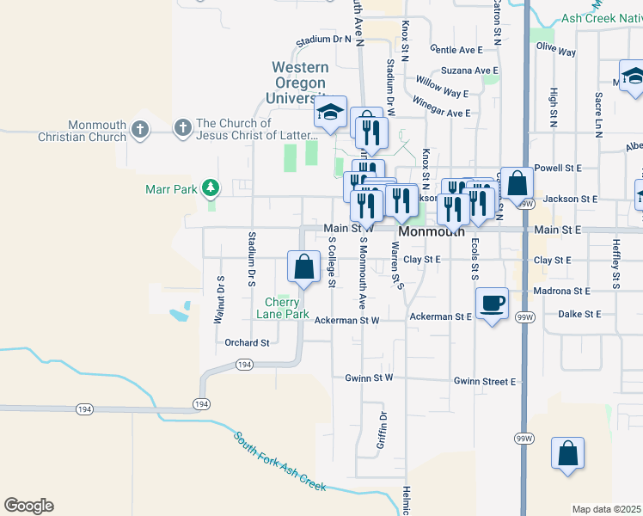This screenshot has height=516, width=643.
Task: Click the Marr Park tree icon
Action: (x=209, y=187)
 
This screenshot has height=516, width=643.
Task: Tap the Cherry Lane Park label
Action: (x=287, y=308)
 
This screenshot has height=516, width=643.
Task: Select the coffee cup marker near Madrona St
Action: (x=492, y=303)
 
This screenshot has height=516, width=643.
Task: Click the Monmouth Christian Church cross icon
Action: (x=141, y=130)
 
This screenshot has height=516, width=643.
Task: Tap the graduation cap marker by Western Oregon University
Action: (x=330, y=113)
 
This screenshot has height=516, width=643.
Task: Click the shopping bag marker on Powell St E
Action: (x=517, y=183)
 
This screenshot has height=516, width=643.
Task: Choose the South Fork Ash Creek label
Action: (x=279, y=461)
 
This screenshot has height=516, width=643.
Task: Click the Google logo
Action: (x=28, y=506)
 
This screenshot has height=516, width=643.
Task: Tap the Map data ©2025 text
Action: (x=606, y=509)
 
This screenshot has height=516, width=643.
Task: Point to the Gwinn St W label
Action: (x=369, y=378)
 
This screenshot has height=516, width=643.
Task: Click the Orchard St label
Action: (x=248, y=342)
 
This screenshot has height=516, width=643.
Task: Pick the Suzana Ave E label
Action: (x=469, y=71)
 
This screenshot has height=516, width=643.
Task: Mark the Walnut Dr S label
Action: (x=218, y=300)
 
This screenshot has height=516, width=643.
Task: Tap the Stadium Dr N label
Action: (x=324, y=40)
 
